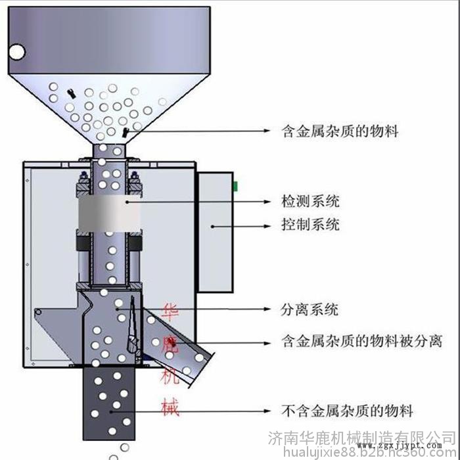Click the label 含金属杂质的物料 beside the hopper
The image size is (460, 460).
point(338,131)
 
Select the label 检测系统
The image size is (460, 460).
point(310,201)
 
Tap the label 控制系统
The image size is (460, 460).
point(310,225)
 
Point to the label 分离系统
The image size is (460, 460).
point(310,309)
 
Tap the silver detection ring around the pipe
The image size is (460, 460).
point(108,213)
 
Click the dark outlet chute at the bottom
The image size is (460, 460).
point(110,402)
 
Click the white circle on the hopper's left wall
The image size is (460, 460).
point(15,51)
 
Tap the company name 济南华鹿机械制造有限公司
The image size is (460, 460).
point(362,436)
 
